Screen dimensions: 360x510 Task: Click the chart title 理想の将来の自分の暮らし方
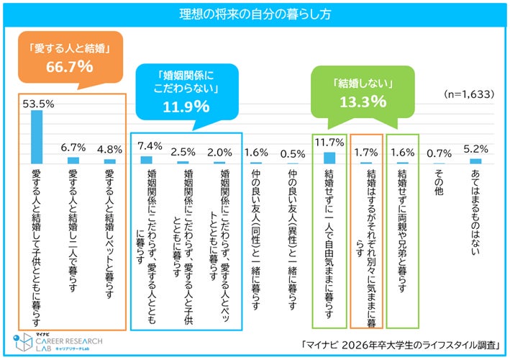(254, 14)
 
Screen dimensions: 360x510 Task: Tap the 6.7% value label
(73, 150)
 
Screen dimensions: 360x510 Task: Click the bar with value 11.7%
(329, 157)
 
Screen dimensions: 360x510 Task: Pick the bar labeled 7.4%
(147, 160)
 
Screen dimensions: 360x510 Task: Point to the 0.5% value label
(293, 153)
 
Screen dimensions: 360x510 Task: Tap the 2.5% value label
(183, 153)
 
